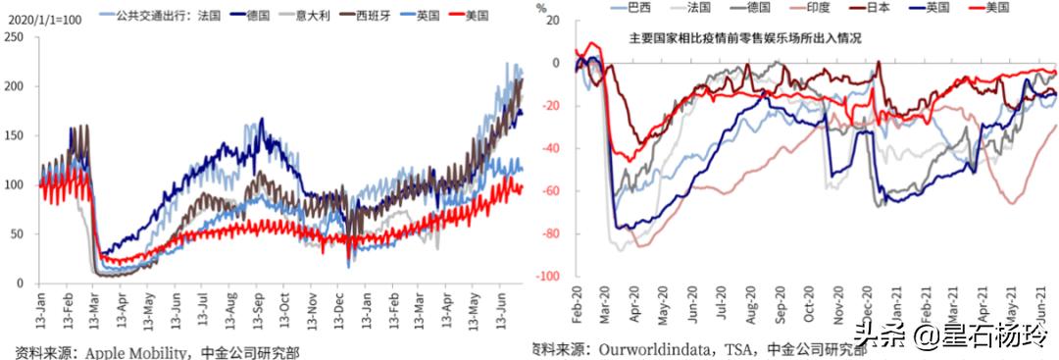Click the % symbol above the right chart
point(542,9)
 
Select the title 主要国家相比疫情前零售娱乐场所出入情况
point(745,39)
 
